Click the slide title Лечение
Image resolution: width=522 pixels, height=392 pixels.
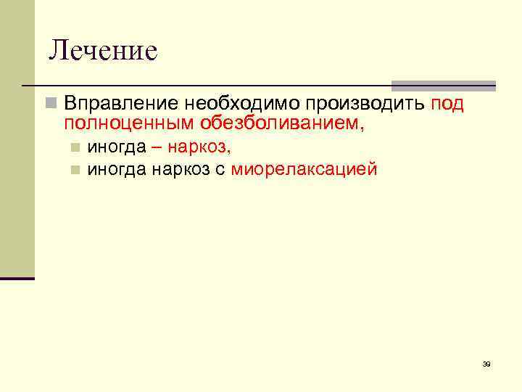tap(102, 51)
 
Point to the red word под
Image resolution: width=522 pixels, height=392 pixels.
tap(447, 104)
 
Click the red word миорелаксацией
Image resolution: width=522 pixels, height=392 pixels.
tap(304, 170)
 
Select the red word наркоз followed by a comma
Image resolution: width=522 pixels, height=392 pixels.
tap(198, 148)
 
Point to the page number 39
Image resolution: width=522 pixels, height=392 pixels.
tap(486, 364)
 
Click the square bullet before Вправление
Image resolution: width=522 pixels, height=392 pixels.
tap(49, 104)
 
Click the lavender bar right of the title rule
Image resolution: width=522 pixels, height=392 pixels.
tap(443, 85)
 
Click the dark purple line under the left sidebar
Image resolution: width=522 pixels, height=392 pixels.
tap(17, 278)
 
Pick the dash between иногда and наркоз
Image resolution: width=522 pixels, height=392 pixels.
tap(157, 148)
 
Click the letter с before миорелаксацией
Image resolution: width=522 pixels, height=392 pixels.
tap(221, 171)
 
